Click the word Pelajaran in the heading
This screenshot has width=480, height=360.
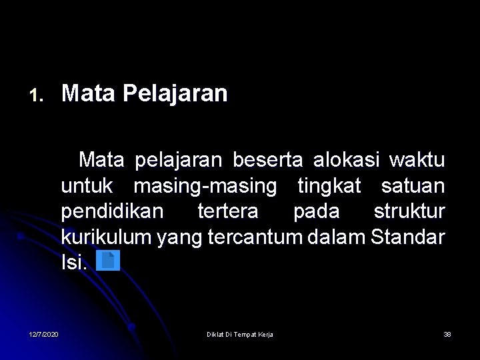click(175, 94)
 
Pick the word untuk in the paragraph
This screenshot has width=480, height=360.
click(87, 186)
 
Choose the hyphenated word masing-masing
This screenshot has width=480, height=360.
click(205, 187)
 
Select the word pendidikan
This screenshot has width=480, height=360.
click(112, 211)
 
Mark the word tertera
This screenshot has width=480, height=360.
click(228, 211)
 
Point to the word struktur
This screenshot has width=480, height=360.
click(409, 211)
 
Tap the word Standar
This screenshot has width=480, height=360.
click(407, 237)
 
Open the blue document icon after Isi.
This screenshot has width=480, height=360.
click(108, 261)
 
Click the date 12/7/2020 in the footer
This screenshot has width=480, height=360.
click(43, 334)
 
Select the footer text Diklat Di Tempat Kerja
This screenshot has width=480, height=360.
click(240, 334)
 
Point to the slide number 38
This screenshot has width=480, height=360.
click(447, 334)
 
